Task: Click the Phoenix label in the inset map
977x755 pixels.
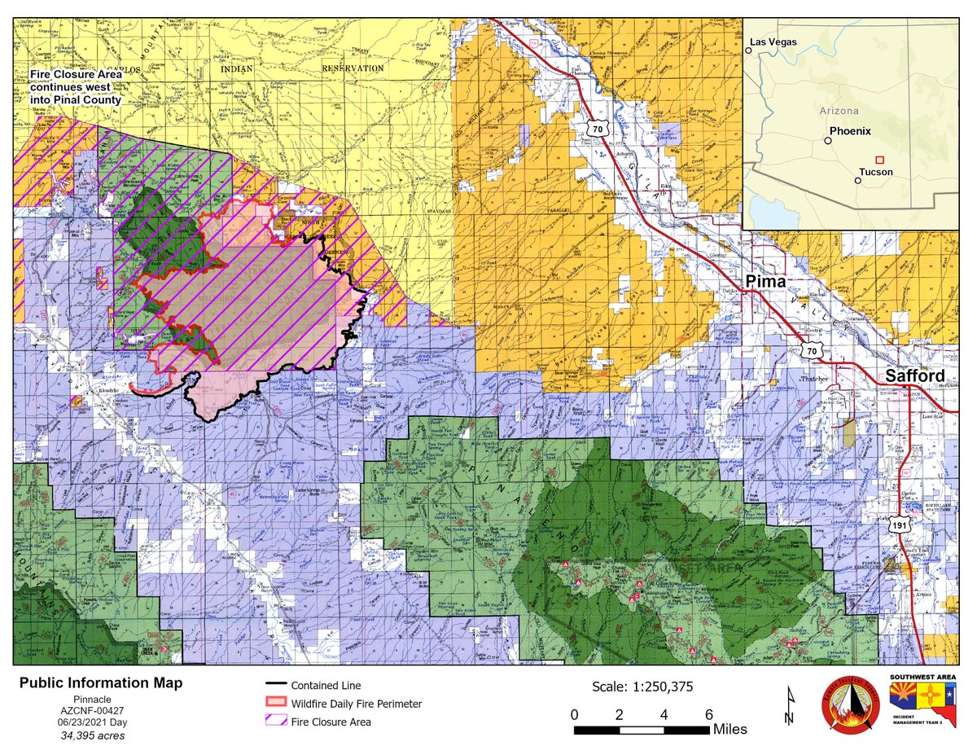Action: (x=850, y=131)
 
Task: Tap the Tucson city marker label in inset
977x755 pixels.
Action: (x=875, y=173)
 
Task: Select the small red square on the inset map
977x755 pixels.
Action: (x=878, y=160)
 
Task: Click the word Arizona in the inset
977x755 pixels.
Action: (x=839, y=110)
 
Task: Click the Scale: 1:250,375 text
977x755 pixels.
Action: (x=643, y=687)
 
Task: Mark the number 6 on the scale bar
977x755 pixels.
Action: (x=708, y=714)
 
